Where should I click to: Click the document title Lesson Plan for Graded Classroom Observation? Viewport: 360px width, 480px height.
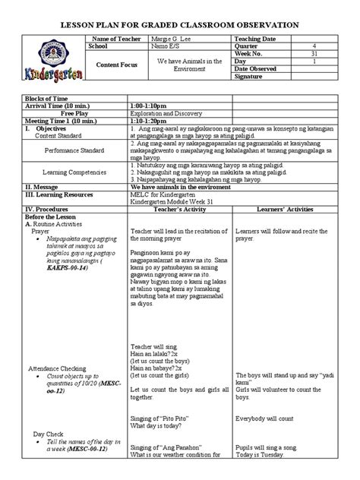[x=180, y=26]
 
